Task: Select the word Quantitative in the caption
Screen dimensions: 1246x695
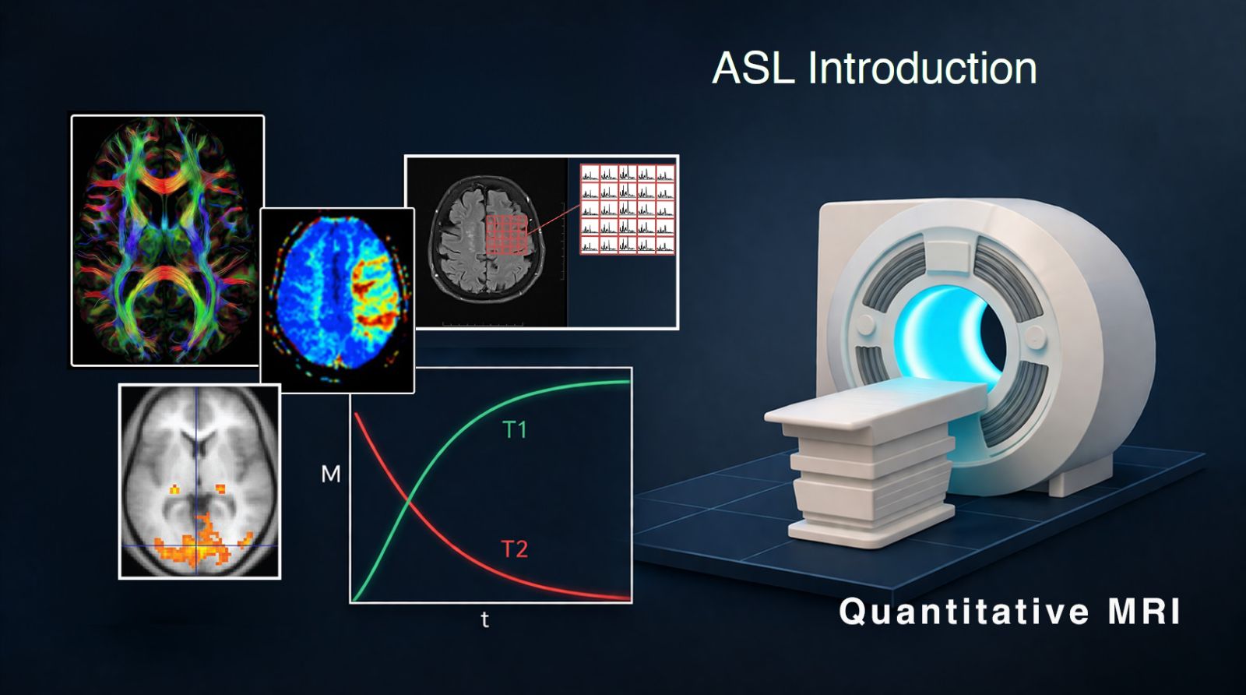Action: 964,612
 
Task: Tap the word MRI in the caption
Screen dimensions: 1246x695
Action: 1144,612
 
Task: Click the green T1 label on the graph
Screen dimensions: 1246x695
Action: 515,429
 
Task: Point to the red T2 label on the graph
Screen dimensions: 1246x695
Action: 515,549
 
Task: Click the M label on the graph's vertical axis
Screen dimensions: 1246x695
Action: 331,474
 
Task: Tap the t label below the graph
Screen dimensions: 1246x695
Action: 485,619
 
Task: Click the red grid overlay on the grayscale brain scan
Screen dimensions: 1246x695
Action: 507,235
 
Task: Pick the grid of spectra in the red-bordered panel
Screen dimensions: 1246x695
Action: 628,210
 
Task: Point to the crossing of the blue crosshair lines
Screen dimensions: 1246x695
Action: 195,545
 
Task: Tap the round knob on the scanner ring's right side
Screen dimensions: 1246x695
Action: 1035,334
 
